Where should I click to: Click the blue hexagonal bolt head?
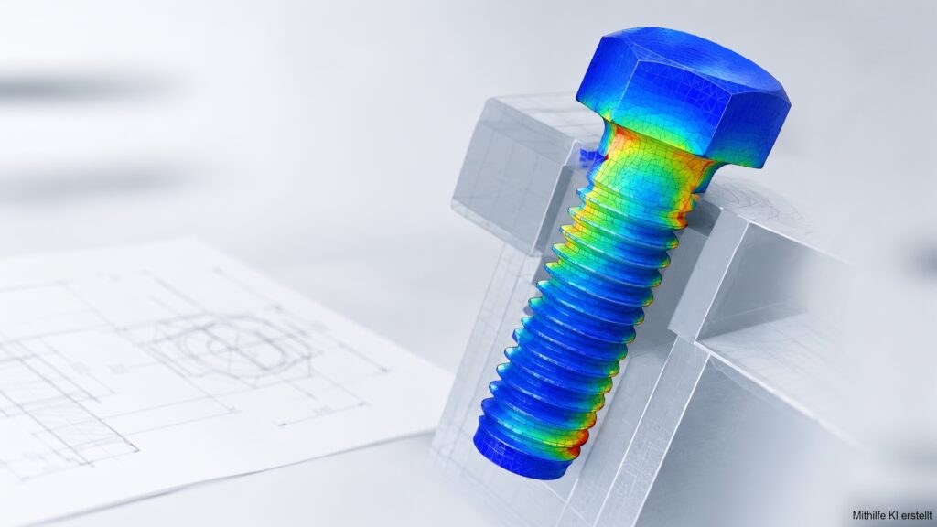[681, 95]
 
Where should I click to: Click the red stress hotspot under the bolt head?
[619, 144]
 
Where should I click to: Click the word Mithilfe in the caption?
[867, 515]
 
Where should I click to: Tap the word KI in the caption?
[889, 515]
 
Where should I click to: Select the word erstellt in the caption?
[914, 515]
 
